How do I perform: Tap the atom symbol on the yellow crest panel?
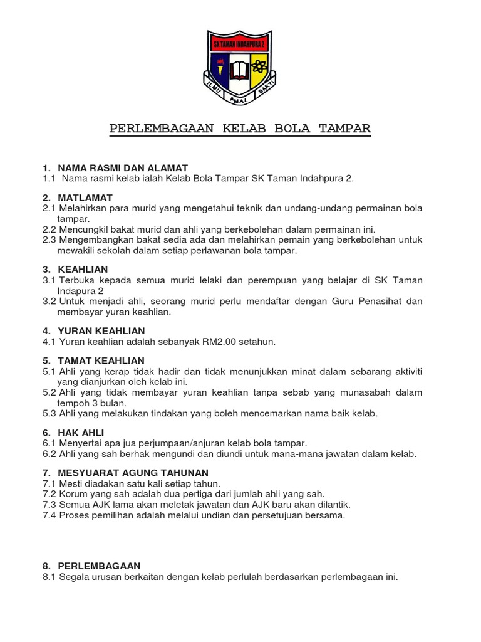[259, 66]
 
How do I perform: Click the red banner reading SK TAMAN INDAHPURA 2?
[239, 45]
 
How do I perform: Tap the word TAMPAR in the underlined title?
[344, 129]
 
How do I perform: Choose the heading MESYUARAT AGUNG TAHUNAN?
[133, 472]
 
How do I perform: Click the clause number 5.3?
[49, 413]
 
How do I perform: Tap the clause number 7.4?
[49, 515]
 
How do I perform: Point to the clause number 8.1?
[49, 576]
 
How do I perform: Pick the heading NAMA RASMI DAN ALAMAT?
[123, 168]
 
